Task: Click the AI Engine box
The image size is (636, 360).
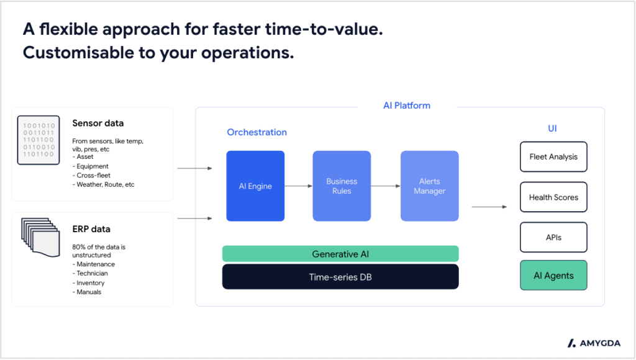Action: coord(255,186)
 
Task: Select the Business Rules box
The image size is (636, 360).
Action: coord(342,186)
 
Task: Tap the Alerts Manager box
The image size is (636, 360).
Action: coord(429,186)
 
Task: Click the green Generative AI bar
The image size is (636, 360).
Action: coord(340,254)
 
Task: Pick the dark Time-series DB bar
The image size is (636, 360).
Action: coord(340,277)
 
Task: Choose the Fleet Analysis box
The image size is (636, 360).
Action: coord(553,157)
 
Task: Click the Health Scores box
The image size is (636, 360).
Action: coord(553,197)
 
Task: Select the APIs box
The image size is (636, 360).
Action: coord(553,237)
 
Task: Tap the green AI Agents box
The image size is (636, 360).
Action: coord(553,276)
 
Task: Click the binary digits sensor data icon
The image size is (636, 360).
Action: coord(39,140)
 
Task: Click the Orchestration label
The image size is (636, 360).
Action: coord(257,132)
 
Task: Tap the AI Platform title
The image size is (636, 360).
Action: coord(406,106)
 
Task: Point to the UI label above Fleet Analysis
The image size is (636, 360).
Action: coord(552,128)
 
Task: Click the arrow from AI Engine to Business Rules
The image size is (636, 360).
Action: coord(298,186)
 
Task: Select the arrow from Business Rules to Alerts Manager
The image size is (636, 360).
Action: coord(386,186)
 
